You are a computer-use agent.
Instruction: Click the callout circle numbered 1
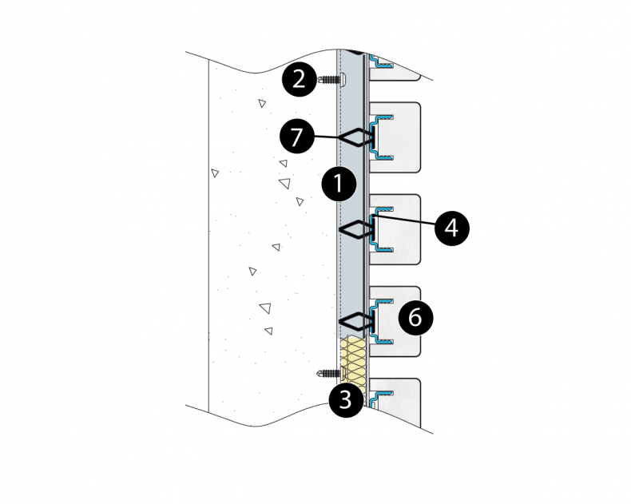[x=338, y=184]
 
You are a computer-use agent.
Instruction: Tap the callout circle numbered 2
[x=300, y=78]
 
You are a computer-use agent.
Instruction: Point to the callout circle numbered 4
[x=451, y=228]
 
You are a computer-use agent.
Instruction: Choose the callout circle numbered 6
[x=415, y=318]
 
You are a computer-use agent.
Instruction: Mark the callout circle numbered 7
[x=297, y=137]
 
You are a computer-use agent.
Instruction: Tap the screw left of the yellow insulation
[x=328, y=373]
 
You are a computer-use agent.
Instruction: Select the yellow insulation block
[x=352, y=363]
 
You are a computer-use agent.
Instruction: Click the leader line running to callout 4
[x=407, y=221]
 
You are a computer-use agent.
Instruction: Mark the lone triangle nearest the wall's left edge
[x=214, y=173]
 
